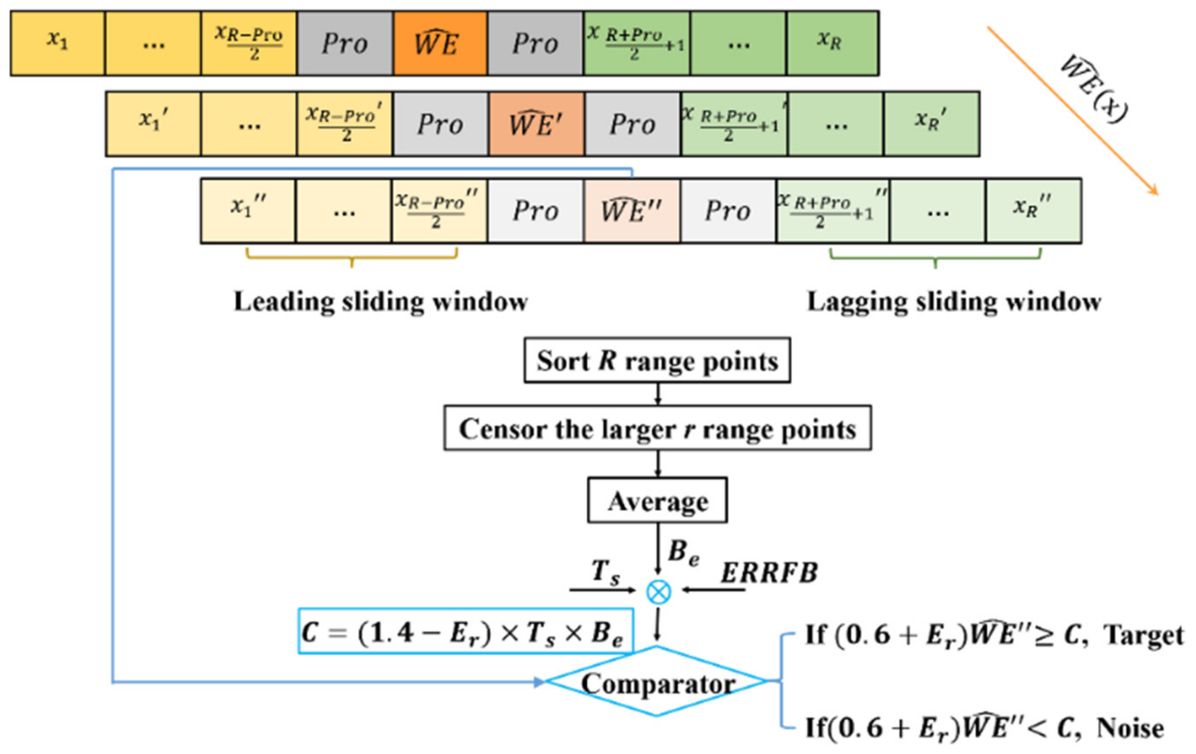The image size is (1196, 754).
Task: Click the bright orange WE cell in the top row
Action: [x=440, y=44]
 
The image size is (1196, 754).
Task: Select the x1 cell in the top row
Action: [x=58, y=44]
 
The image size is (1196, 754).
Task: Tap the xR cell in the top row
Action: [x=833, y=44]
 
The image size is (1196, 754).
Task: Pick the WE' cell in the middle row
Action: [x=537, y=124]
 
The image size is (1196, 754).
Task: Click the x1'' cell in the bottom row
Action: [x=248, y=211]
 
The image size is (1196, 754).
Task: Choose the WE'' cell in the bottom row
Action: [x=632, y=211]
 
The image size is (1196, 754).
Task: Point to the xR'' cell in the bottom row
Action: [x=1033, y=211]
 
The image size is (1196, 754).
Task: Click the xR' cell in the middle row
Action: [x=931, y=124]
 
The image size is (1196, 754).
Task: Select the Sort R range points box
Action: [x=657, y=361]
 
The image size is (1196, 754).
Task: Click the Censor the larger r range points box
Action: [x=657, y=428]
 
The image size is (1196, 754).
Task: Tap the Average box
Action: [x=657, y=500]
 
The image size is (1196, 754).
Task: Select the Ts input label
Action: [x=605, y=572]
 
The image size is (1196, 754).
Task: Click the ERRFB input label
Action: [x=769, y=573]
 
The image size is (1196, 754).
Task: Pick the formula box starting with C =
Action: [x=466, y=631]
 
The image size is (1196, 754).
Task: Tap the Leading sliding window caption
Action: [x=380, y=301]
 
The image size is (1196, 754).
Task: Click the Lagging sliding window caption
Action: [x=954, y=301]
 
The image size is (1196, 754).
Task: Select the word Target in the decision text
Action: [x=1143, y=636]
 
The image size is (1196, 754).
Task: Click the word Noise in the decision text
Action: [x=1129, y=728]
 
